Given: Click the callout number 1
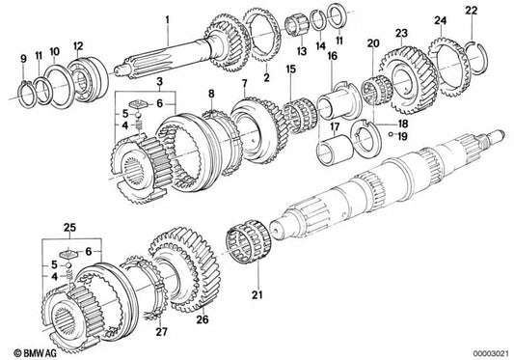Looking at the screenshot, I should pos(166,18).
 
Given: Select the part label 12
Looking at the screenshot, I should pos(77,46).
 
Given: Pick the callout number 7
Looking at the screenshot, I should pos(245,86).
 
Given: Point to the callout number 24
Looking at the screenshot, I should pos(439,20).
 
